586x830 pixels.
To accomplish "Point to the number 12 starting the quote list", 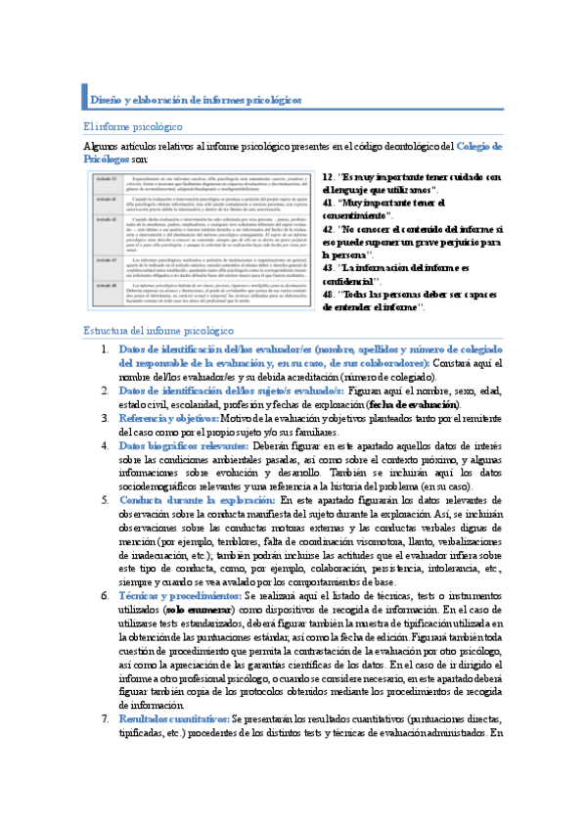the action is (x=327, y=176).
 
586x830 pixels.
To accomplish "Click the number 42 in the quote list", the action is (x=327, y=228).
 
